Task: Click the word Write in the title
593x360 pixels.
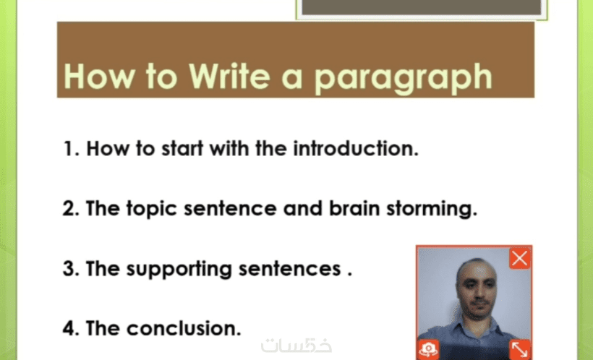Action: point(229,76)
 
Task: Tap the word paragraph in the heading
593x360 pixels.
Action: point(403,79)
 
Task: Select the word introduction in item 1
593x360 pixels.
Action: point(356,148)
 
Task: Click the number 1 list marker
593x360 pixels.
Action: point(71,148)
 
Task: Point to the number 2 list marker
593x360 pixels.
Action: point(71,208)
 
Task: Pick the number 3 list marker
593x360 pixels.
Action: point(71,268)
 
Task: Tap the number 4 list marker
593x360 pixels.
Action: point(71,328)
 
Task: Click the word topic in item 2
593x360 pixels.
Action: point(151,210)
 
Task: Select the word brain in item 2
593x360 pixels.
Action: point(354,208)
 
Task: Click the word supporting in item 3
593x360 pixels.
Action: point(179,270)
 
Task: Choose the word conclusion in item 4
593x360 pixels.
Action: point(184,328)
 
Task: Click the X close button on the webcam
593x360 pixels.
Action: point(520,259)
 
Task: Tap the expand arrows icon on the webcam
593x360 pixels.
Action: point(520,349)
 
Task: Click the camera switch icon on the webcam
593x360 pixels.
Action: point(429,349)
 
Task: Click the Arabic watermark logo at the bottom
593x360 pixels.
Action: point(296,346)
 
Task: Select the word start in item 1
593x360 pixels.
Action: point(182,148)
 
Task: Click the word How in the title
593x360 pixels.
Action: point(100,76)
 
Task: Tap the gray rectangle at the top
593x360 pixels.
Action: point(422,7)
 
